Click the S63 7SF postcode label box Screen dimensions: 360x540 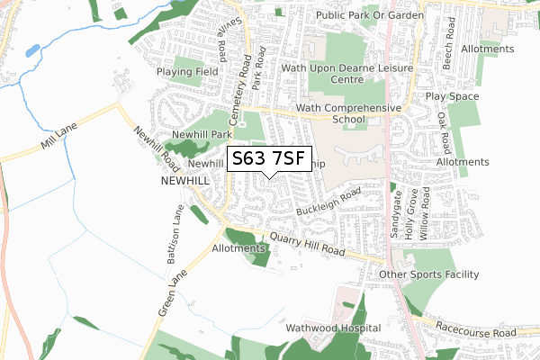[270, 158]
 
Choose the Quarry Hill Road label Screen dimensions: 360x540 [307, 247]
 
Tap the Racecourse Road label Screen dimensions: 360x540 [479, 331]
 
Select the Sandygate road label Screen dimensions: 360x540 [394, 214]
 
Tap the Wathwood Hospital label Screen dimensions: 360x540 [333, 328]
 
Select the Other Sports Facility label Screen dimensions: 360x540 [428, 274]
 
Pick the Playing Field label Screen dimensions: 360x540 [188, 71]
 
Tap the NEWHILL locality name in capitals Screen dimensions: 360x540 [184, 181]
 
